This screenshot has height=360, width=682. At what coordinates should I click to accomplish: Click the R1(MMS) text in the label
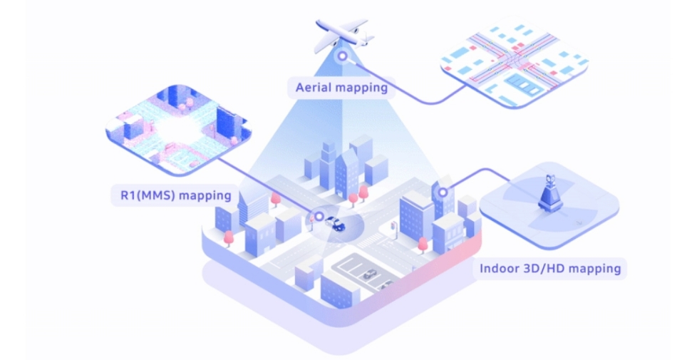(148, 195)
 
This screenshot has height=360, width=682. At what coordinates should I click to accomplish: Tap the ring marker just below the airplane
(343, 56)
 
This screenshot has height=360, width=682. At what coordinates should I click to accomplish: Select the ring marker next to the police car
(319, 216)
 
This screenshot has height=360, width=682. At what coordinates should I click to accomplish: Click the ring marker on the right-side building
(443, 192)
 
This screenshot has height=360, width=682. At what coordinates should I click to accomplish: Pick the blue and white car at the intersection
(336, 223)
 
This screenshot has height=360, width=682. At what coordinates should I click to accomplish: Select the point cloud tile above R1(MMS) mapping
(178, 130)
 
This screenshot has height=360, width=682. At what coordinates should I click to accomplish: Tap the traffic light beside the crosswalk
(394, 230)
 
